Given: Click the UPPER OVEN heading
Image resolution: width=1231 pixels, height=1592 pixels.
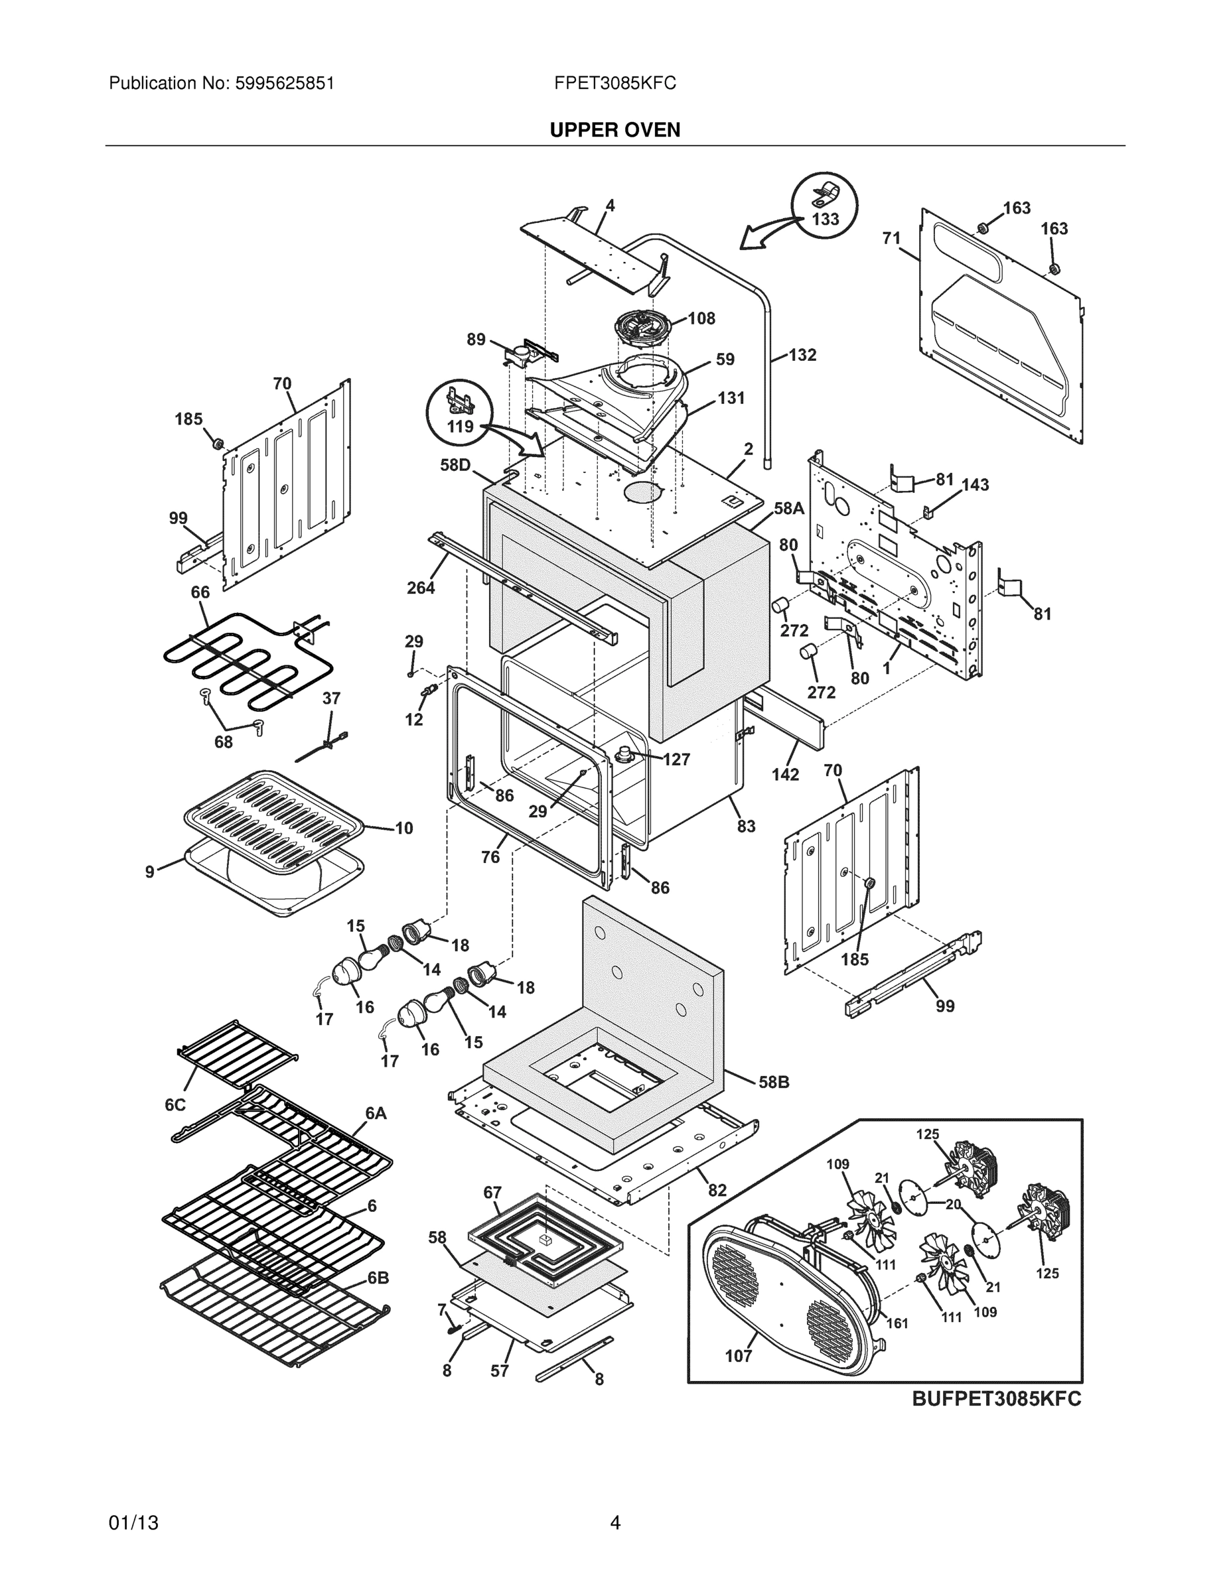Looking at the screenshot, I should click(x=615, y=130).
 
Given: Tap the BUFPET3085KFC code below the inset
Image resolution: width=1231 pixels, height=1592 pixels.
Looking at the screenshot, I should click(x=996, y=1399).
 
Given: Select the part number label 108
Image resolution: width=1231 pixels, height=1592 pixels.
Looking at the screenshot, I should click(x=701, y=318).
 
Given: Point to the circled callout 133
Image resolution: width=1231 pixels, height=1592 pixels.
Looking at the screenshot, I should click(x=825, y=219).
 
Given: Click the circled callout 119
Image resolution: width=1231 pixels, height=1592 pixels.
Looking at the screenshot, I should click(x=460, y=427).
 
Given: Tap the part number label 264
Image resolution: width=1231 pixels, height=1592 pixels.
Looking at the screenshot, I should click(x=421, y=588).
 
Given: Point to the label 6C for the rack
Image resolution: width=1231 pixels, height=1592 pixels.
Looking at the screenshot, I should click(x=175, y=1105).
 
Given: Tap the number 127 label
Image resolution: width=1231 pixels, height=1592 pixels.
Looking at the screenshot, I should click(x=676, y=760).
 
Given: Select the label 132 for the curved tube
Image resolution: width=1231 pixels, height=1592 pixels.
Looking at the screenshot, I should click(x=802, y=355).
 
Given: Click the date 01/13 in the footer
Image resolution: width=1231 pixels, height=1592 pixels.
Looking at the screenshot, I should click(x=133, y=1523).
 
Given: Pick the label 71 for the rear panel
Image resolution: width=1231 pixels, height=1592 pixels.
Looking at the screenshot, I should click(x=891, y=238).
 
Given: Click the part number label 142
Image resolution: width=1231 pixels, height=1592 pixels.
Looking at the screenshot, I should click(x=786, y=775).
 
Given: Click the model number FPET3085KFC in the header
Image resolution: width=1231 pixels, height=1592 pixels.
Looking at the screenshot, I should click(x=615, y=83).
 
